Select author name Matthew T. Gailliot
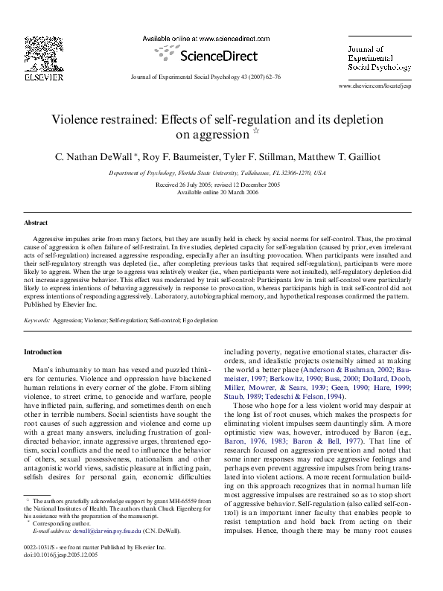353,156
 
